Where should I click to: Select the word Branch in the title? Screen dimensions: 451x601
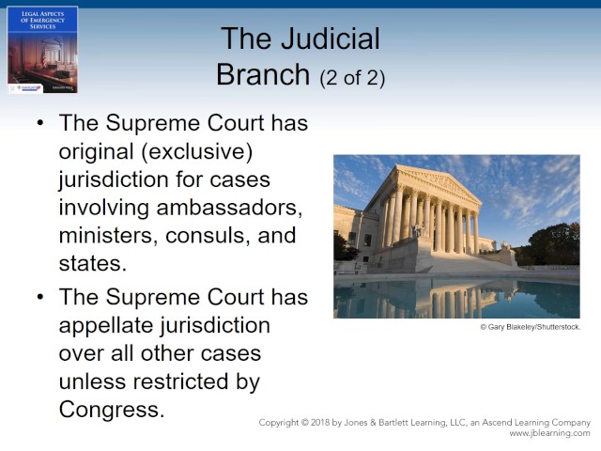click(x=263, y=75)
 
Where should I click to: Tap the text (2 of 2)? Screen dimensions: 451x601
click(x=352, y=78)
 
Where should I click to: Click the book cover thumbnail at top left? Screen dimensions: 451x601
click(x=42, y=49)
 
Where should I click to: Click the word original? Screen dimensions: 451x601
click(x=98, y=152)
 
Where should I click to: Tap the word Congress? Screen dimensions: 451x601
click(x=111, y=410)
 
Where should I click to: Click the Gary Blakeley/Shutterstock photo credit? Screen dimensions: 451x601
click(x=530, y=327)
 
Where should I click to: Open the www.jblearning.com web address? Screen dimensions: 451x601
click(x=549, y=433)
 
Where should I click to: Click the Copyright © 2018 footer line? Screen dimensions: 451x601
click(x=424, y=423)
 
